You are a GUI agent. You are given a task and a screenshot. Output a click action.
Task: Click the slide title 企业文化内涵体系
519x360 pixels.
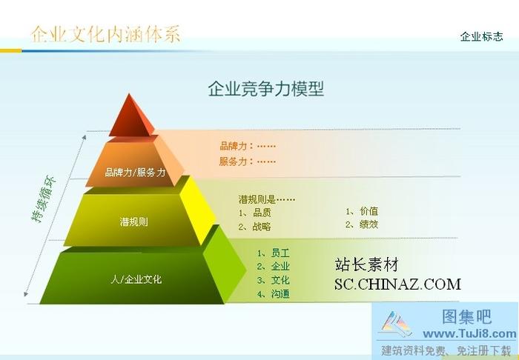(105, 34)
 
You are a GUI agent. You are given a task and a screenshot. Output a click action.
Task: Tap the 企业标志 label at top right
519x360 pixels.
(481, 36)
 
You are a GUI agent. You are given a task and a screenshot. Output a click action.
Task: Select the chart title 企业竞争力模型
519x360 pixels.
(265, 90)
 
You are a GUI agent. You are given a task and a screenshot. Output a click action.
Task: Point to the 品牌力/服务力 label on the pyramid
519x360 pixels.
(135, 172)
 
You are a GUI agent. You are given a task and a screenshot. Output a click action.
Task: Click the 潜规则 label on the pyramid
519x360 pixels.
(133, 221)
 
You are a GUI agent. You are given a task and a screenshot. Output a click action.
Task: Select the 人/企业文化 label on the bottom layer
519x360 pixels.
(136, 279)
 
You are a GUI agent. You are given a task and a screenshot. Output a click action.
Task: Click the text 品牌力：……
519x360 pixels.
(248, 146)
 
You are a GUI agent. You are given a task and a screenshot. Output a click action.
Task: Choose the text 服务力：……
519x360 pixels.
(248, 161)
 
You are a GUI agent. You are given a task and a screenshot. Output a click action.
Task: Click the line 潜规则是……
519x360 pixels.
(267, 199)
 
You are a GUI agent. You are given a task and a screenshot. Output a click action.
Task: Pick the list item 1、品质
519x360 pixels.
(254, 213)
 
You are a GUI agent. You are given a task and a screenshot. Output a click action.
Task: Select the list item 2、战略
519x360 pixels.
(254, 227)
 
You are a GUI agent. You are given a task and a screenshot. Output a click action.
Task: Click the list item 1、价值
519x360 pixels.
(361, 211)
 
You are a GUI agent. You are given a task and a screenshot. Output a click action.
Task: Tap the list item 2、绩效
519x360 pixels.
(361, 224)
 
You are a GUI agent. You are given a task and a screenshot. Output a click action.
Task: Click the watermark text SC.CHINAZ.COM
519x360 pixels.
(397, 284)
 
